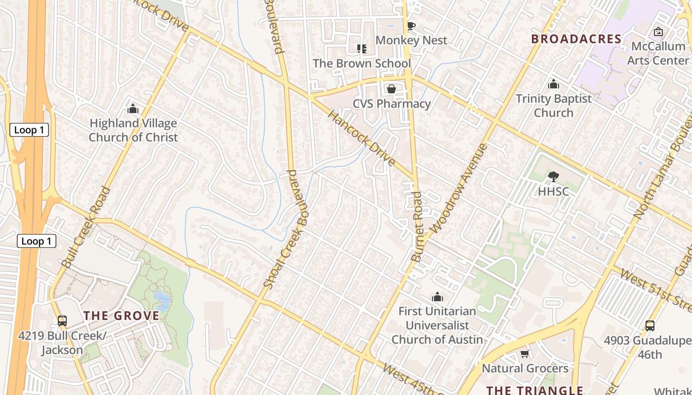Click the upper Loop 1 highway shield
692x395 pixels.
[x=29, y=130]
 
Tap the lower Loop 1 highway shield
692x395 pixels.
[x=37, y=241]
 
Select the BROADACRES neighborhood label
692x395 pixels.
[x=576, y=39]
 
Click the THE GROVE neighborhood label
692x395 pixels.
[x=121, y=316]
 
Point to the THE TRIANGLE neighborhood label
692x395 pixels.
[x=535, y=390]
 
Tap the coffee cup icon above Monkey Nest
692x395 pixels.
[x=411, y=26]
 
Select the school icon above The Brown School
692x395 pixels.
[x=361, y=48]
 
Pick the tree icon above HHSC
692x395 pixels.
[x=554, y=176]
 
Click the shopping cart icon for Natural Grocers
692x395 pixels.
[x=525, y=354]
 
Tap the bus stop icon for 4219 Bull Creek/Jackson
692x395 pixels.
[x=62, y=321]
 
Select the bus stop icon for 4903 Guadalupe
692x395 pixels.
[x=650, y=326]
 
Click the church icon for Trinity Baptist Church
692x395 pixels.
[x=554, y=84]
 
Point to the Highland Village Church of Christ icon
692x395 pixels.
[x=133, y=109]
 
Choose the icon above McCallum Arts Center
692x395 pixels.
[x=658, y=32]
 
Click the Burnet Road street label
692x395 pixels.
[x=418, y=227]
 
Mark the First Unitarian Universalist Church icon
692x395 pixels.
[x=437, y=297]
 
